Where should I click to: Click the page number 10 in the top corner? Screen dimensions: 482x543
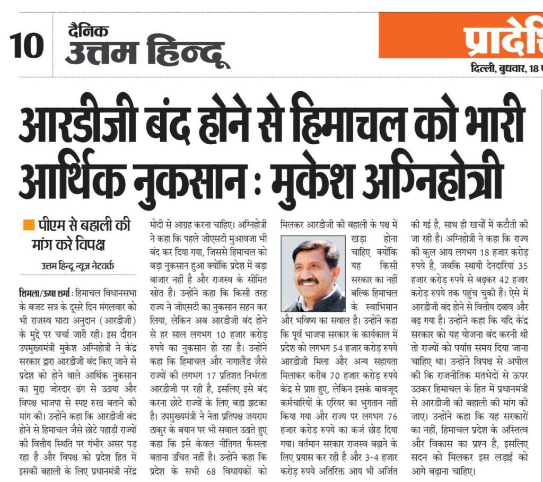(27, 46)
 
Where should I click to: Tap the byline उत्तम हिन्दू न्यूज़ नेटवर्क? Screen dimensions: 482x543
(78, 266)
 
